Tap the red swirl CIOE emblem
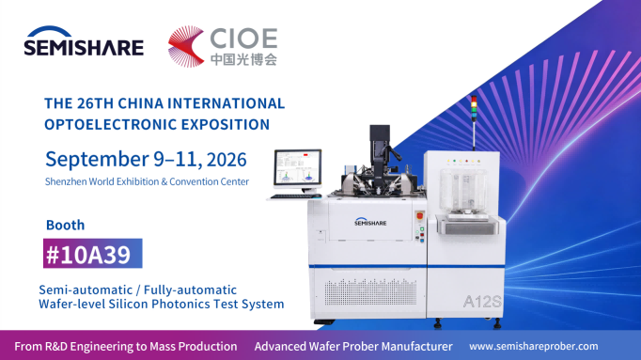pyautogui.click(x=186, y=46)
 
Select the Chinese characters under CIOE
pyautogui.click(x=243, y=59)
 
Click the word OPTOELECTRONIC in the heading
pyautogui.click(x=110, y=124)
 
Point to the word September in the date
pyautogui.click(x=98, y=160)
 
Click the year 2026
pyautogui.click(x=227, y=160)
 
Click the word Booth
pyautogui.click(x=66, y=225)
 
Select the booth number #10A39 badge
pyautogui.click(x=93, y=254)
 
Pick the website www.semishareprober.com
pyautogui.click(x=534, y=347)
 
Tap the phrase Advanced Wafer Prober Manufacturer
pyautogui.click(x=353, y=347)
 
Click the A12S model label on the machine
pyautogui.click(x=482, y=302)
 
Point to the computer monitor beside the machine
pyautogui.click(x=298, y=168)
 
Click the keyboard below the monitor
pyautogui.click(x=295, y=196)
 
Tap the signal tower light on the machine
pyautogui.click(x=474, y=109)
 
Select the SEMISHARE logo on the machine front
pyautogui.click(x=370, y=222)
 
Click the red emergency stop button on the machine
pyautogui.click(x=420, y=215)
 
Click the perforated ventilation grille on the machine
pyautogui.click(x=370, y=291)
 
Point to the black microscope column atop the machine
pyautogui.click(x=380, y=151)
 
